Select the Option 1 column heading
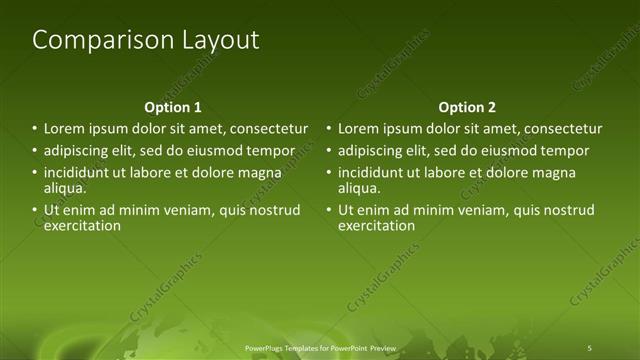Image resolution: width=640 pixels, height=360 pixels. tap(173, 107)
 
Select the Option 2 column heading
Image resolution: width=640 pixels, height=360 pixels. tap(467, 107)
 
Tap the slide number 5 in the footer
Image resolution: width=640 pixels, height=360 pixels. tap(590, 346)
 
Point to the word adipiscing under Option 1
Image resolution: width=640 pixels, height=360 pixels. tap(76, 151)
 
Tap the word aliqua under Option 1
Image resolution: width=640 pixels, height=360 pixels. tap(65, 187)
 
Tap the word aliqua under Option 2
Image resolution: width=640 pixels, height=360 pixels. tap(359, 187)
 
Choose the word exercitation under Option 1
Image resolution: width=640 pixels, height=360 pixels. tap(83, 225)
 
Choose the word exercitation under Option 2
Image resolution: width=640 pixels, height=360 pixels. tap(377, 225)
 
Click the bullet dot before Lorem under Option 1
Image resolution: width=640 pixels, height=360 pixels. tap(34, 129)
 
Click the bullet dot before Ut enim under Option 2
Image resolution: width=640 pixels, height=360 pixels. tap(328, 210)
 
